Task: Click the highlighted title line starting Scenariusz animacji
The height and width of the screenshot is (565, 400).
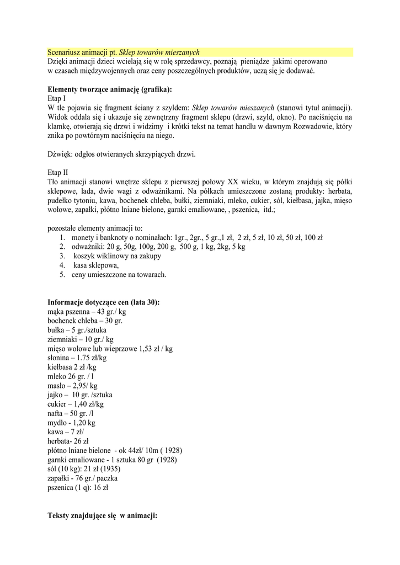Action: pos(124,52)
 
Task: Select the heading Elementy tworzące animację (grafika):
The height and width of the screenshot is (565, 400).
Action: pos(109,89)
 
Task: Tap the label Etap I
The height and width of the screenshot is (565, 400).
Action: pos(57,98)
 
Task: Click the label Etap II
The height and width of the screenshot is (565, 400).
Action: pos(58,172)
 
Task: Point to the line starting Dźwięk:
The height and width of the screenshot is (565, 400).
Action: pos(121,154)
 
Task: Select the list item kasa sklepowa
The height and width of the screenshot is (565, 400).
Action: pos(96,265)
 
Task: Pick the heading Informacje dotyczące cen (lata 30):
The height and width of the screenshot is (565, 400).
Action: pos(104,302)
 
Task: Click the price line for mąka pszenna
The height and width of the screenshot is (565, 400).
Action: pos(87,312)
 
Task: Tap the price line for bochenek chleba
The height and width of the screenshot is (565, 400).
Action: pos(85,321)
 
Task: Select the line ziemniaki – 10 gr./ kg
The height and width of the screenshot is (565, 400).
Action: pos(81,339)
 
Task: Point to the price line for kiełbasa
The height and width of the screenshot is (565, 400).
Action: pos(72,367)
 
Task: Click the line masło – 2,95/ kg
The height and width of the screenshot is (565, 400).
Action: pos(72,386)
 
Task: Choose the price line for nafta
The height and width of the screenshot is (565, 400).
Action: pos(71,413)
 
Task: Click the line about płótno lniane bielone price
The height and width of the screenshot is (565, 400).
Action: pos(115,450)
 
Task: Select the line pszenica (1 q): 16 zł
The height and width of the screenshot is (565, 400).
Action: pos(78,488)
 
